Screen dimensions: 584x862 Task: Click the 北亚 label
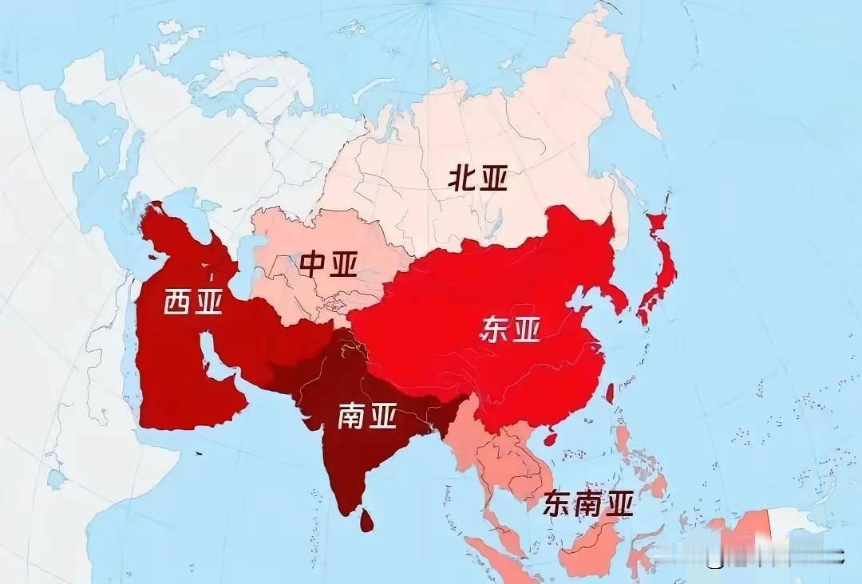478,179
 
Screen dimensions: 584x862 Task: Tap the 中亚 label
328,263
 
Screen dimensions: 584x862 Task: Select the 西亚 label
192,302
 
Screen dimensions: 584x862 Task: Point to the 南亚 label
367,415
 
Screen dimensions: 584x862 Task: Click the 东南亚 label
588,503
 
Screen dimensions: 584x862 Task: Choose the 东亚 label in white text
509,329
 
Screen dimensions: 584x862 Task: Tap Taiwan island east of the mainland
611,392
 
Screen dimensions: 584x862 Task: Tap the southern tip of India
345,511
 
